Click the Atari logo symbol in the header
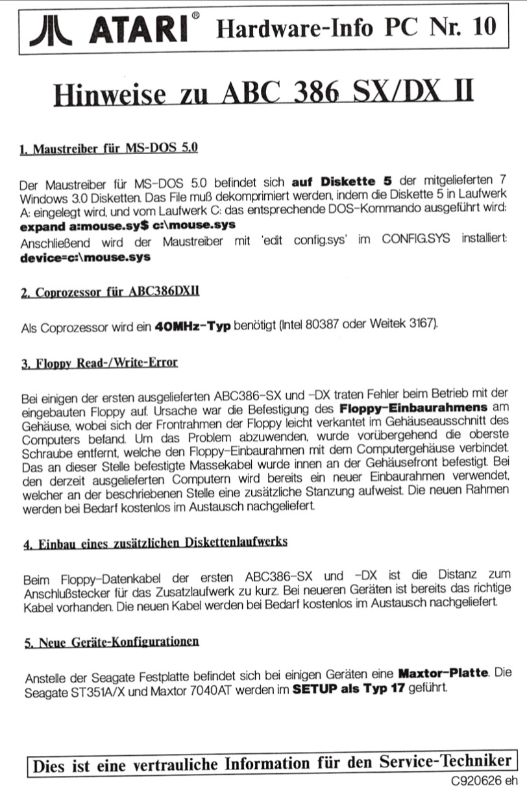pyautogui.click(x=54, y=29)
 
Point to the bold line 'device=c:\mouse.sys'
pyautogui.click(x=86, y=257)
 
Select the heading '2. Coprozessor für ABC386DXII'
pyautogui.click(x=110, y=292)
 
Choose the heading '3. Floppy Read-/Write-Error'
pyautogui.click(x=99, y=361)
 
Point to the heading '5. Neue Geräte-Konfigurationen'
pyautogui.click(x=111, y=642)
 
